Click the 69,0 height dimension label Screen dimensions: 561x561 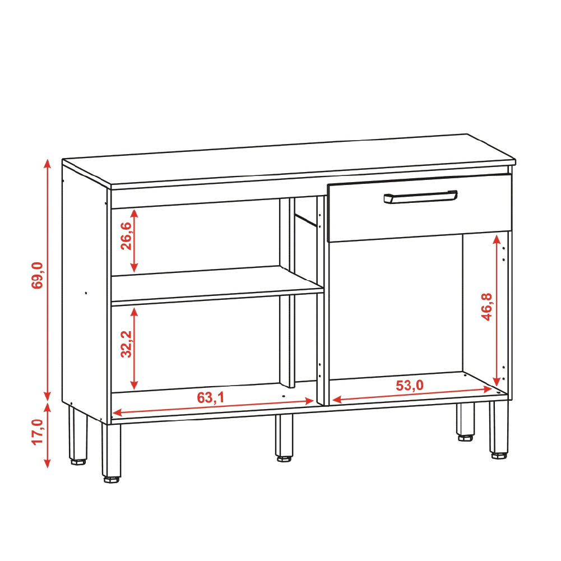[37, 275]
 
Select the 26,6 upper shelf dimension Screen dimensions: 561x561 [126, 236]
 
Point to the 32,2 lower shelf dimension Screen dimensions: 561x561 [126, 344]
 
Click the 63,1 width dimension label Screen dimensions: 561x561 [211, 397]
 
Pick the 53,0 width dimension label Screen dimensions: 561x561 [409, 386]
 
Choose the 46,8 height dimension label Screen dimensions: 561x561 [486, 307]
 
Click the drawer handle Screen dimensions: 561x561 [420, 197]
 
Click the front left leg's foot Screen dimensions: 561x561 [112, 479]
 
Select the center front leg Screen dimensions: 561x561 [284, 438]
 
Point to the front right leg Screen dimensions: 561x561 [499, 430]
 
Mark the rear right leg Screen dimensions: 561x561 [465, 421]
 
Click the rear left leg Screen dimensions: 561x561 [78, 435]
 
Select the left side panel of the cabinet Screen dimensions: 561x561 [85, 293]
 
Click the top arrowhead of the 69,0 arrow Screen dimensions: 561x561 [47, 163]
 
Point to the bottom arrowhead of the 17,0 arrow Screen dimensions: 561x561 [47, 463]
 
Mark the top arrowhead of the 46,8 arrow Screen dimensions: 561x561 [496, 239]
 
